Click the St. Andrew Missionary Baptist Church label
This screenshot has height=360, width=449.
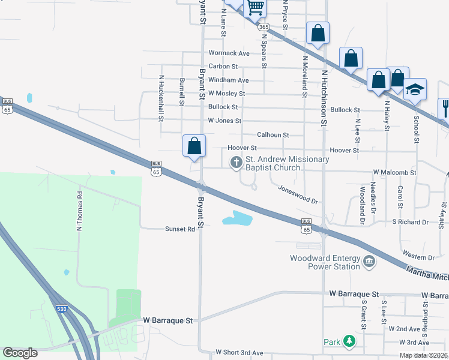tap(286, 163)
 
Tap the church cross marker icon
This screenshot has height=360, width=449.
tap(236, 162)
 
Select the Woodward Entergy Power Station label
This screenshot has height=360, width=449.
tap(324, 262)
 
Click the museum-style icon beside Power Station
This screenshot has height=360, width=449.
tap(369, 262)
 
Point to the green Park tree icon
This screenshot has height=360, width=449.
tap(349, 341)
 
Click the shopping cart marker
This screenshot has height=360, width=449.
tap(256, 7)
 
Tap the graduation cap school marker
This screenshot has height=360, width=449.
tap(415, 90)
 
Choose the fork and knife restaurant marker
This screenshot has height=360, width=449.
tap(445, 109)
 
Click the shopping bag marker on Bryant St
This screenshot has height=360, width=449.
tap(194, 146)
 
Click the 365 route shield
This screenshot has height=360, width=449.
tap(262, 27)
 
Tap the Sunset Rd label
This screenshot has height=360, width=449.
tap(181, 229)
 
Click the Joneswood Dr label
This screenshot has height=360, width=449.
tap(298, 194)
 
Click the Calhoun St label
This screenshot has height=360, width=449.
tap(273, 135)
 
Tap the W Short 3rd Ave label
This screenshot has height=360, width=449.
tap(240, 352)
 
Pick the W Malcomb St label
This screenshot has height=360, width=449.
tap(395, 172)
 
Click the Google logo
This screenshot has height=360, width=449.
tap(20, 353)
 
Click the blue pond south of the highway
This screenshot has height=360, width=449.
tap(238, 218)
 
